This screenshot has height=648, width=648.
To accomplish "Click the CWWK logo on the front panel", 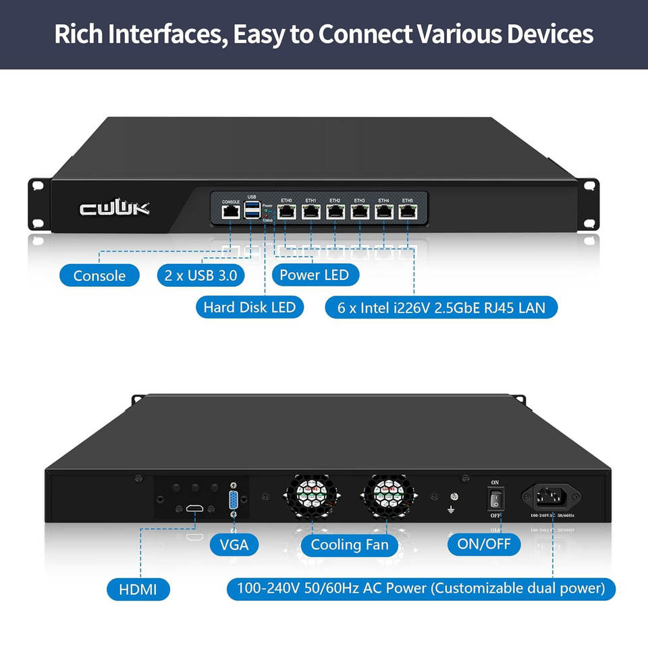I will tap(115, 208).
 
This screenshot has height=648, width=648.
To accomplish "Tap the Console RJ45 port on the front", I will tap(230, 212).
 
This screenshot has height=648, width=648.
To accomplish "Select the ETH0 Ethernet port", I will tap(286, 211).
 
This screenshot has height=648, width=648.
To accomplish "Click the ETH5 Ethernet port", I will tap(408, 211).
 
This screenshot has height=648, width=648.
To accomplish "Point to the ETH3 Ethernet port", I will tap(359, 211).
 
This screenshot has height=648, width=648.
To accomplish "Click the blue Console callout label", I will tap(99, 275).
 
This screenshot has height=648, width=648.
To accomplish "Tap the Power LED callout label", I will tap(314, 275).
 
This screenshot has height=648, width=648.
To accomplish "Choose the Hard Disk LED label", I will tap(249, 307).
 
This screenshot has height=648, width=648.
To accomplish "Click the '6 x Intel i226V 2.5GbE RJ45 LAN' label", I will tap(441, 308).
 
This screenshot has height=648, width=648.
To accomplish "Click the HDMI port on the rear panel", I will tap(195, 508).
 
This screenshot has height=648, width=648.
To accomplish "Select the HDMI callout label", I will tap(138, 589).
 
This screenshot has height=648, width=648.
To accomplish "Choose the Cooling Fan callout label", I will tap(350, 545).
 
